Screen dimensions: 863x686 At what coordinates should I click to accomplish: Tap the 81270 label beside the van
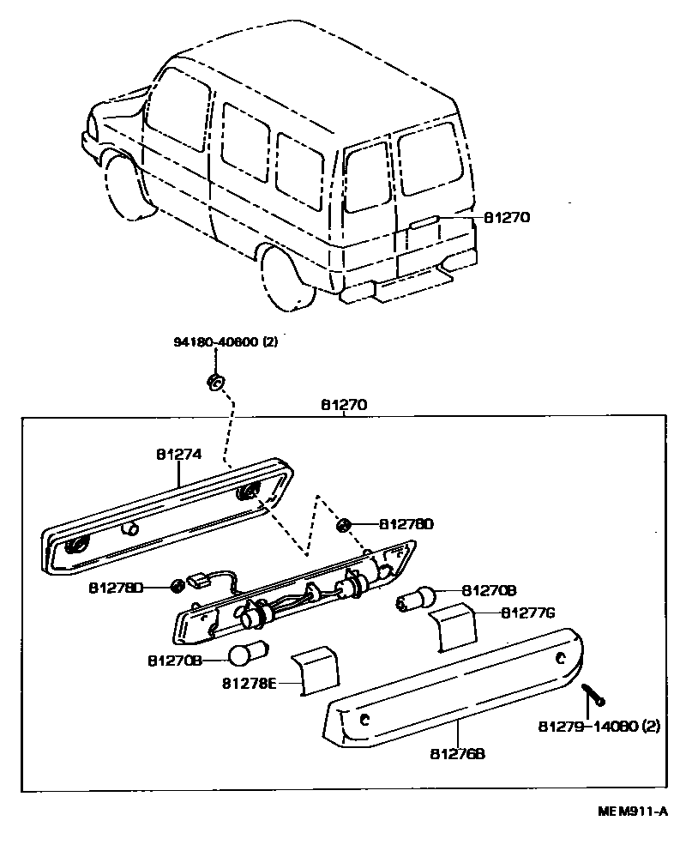click(507, 218)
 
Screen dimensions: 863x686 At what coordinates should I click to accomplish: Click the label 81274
click(178, 456)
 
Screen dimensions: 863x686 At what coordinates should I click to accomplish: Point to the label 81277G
click(529, 613)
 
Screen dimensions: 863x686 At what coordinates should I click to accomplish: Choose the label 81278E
click(250, 684)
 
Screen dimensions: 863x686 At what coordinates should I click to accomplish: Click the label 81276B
click(458, 753)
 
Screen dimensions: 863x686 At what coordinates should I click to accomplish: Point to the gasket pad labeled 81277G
click(452, 630)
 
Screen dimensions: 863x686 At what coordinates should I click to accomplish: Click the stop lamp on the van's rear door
click(426, 222)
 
